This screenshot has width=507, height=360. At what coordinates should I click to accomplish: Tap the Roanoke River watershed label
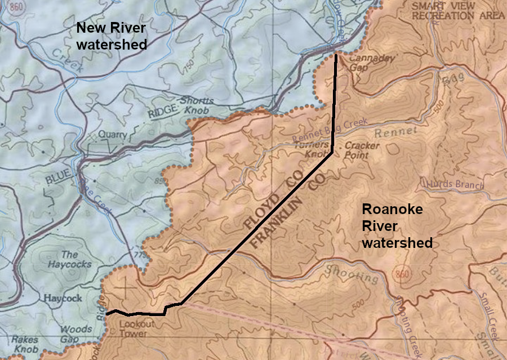pos(397,226)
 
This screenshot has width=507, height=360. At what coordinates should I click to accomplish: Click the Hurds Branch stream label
pos(455,184)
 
